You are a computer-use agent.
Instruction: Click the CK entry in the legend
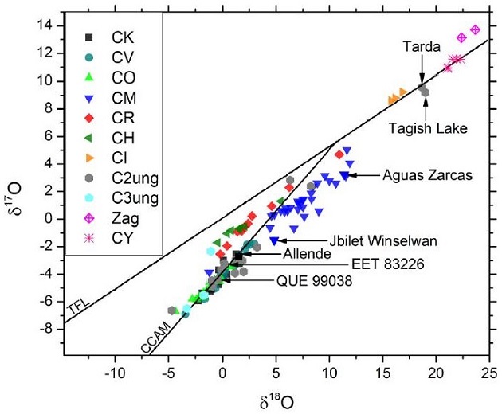point(122,37)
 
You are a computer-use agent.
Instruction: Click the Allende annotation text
point(304,252)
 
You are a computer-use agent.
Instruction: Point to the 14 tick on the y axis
point(50,25)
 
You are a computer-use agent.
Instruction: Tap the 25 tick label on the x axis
point(488,374)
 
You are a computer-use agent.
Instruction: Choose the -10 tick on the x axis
point(116,374)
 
